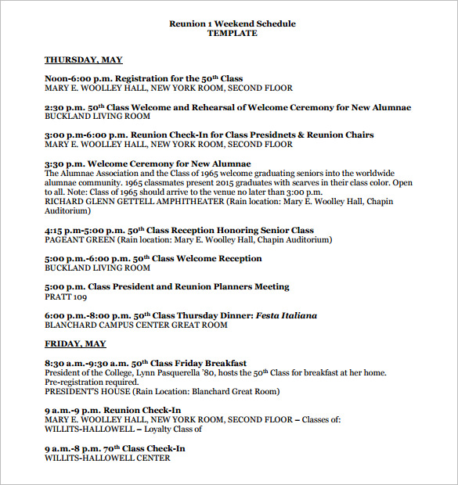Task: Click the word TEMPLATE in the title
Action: point(233,34)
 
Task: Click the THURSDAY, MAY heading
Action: point(83,59)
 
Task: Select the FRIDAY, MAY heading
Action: point(75,344)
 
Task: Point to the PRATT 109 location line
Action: point(66,296)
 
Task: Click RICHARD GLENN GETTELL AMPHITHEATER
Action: point(134,202)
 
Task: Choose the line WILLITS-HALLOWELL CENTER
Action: point(106,458)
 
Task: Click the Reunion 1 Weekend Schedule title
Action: point(233,23)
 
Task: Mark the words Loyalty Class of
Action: point(169,429)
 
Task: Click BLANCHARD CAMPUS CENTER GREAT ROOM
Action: point(135,325)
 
